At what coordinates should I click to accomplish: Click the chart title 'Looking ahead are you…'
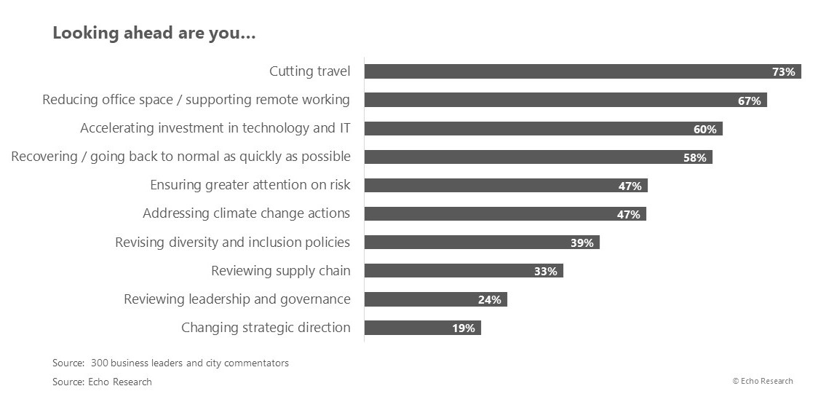[x=154, y=33]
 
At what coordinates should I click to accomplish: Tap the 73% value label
[x=785, y=72]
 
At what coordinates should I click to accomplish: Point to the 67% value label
[x=749, y=101]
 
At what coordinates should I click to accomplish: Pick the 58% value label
[x=694, y=158]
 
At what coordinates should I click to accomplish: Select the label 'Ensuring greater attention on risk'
[x=250, y=185]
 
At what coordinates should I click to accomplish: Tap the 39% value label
[x=581, y=243]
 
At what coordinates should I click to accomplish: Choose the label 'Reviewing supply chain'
[x=281, y=271]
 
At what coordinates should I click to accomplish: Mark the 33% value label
[x=545, y=272]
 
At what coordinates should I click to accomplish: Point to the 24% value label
[x=489, y=300]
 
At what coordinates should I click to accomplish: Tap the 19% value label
[x=463, y=328]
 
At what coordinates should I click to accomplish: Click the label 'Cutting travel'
[x=310, y=71]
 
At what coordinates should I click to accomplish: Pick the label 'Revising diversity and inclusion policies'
[x=233, y=243]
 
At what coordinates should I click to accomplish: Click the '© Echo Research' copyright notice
[x=763, y=381]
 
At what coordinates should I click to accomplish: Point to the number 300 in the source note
[x=99, y=363]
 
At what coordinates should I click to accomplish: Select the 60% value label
[x=704, y=130]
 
